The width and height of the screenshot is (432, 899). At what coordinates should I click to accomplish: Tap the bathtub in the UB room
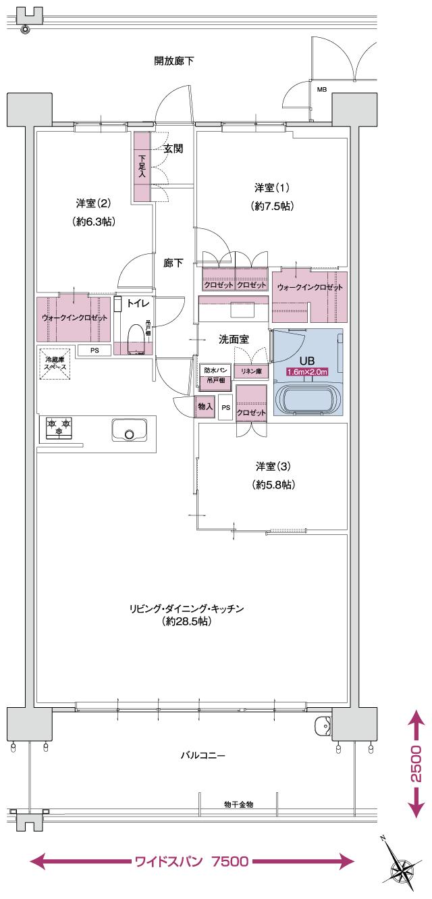coord(310,399)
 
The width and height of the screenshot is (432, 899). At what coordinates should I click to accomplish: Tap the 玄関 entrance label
coord(173,149)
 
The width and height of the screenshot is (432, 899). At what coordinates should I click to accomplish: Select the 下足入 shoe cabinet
coord(142,166)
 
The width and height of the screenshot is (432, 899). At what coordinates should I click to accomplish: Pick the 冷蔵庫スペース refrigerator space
coord(55,363)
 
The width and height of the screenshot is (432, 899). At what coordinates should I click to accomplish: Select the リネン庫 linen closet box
coord(251,371)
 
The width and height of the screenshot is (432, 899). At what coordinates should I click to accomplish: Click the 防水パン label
coord(216,370)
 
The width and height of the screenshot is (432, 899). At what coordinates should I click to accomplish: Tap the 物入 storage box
coord(205,407)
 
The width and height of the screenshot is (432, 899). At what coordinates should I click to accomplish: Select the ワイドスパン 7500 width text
coord(192,861)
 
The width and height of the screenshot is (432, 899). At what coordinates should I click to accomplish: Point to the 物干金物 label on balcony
coord(238,804)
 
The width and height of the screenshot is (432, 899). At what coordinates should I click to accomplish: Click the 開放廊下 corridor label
coord(174,61)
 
